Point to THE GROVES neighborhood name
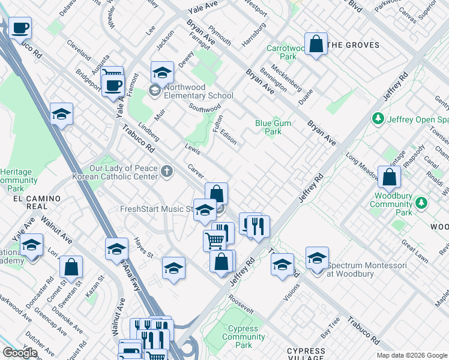(x=354, y=45)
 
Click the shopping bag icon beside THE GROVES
(x=316, y=44)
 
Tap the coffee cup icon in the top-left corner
(x=20, y=28)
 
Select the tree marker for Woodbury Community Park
(x=422, y=203)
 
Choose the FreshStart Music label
(x=155, y=209)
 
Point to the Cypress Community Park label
(x=244, y=337)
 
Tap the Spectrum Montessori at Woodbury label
(x=359, y=269)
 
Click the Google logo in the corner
(x=20, y=353)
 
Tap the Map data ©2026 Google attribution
(x=411, y=355)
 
